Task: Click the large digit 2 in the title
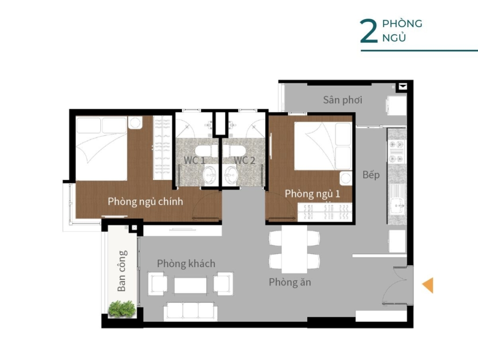[368, 31]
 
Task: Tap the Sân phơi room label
[343, 100]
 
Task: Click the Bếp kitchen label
[371, 175]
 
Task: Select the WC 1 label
[195, 160]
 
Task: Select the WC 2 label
[245, 160]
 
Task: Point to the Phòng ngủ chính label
[146, 202]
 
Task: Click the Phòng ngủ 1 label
[312, 194]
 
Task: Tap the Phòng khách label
[186, 263]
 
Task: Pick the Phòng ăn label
[290, 282]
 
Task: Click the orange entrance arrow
[428, 285]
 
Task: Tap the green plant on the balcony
[122, 309]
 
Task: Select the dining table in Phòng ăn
[294, 249]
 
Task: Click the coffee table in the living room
[190, 285]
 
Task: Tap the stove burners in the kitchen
[396, 151]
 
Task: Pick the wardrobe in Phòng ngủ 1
[325, 212]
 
